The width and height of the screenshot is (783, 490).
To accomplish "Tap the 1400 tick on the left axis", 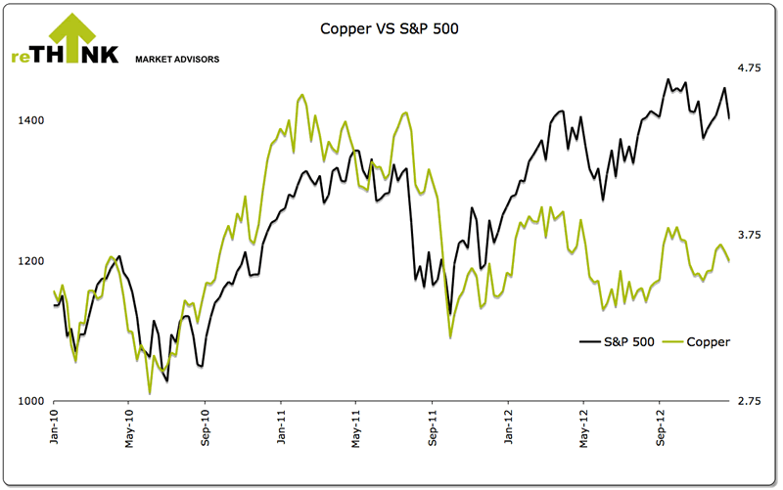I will pos(32,120).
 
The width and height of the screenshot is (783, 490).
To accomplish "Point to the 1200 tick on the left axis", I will pos(32,261).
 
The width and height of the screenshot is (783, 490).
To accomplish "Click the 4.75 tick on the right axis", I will pos(749,67).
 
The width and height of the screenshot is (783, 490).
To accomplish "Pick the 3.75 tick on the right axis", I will pos(749,235).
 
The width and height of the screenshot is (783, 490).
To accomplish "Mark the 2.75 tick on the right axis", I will pos(749,402).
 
